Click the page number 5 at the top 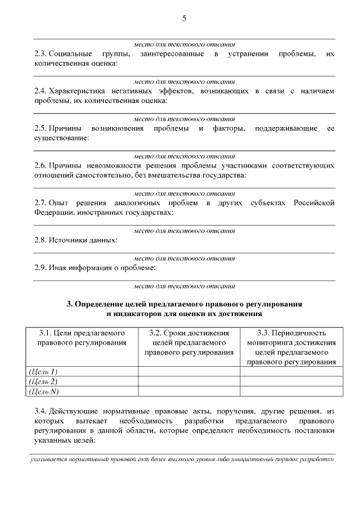(184, 19)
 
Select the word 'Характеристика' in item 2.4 (74, 91)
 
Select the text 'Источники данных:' (83, 240)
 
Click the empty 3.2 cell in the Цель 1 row (189, 371)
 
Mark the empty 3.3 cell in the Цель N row (291, 391)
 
